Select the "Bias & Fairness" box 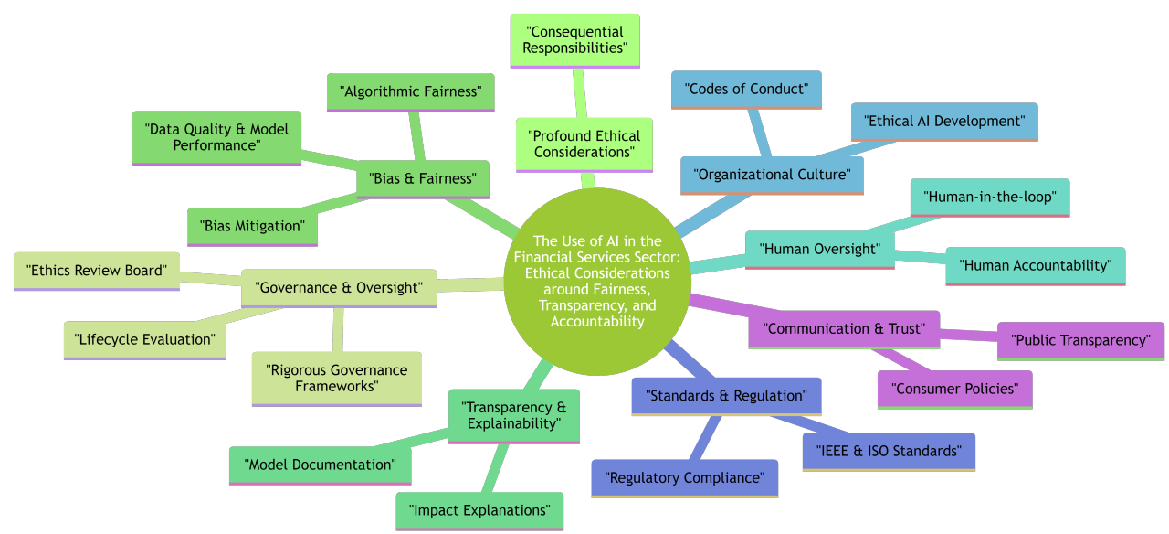click(x=423, y=179)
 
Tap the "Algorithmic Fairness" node click(x=410, y=92)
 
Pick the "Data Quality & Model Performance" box click(x=216, y=137)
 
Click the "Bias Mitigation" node click(x=252, y=226)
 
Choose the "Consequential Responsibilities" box click(x=574, y=40)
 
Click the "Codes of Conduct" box click(x=746, y=90)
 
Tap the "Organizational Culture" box click(x=772, y=175)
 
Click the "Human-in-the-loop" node click(x=990, y=197)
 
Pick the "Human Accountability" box click(x=1035, y=265)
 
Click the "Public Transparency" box click(x=1080, y=340)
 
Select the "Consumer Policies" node click(x=954, y=389)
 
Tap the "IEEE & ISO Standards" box click(x=889, y=451)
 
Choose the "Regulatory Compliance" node click(x=684, y=477)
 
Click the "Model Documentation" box click(x=320, y=465)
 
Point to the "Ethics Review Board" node click(x=97, y=271)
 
